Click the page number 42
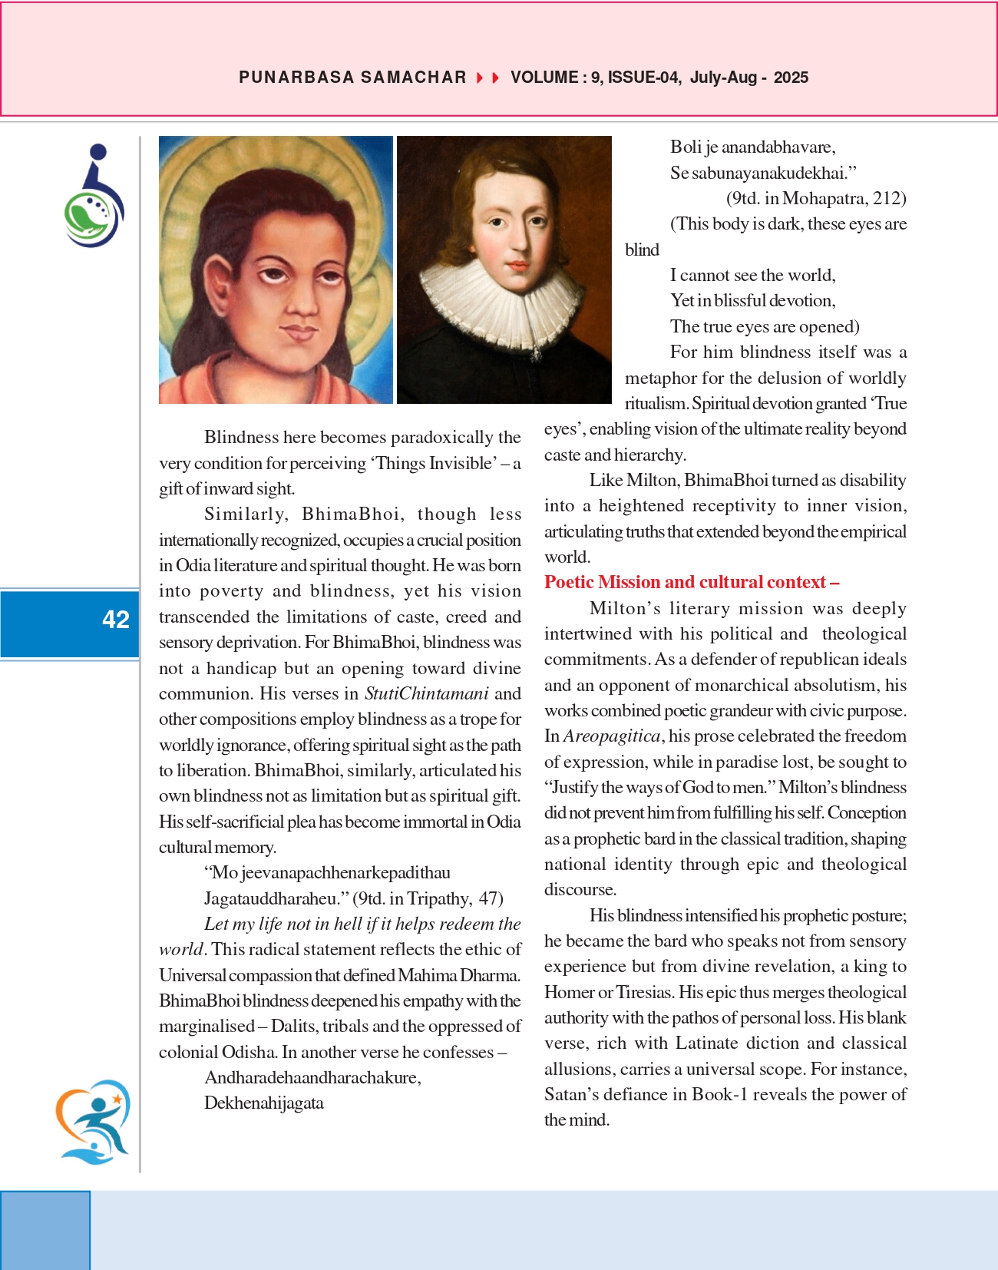coord(116,620)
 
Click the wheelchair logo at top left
coord(94,196)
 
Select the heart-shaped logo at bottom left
coord(93,1122)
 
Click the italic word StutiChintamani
coord(426,693)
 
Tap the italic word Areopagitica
coord(612,736)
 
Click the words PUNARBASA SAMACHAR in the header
coord(352,78)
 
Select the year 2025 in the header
coord(791,78)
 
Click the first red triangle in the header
coord(480,78)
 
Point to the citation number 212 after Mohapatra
coord(889,198)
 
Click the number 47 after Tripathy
coord(489,898)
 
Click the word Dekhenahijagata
coord(264,1103)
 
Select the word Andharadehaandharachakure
coord(312,1077)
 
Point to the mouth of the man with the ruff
coord(517,266)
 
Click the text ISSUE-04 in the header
coord(643,78)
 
